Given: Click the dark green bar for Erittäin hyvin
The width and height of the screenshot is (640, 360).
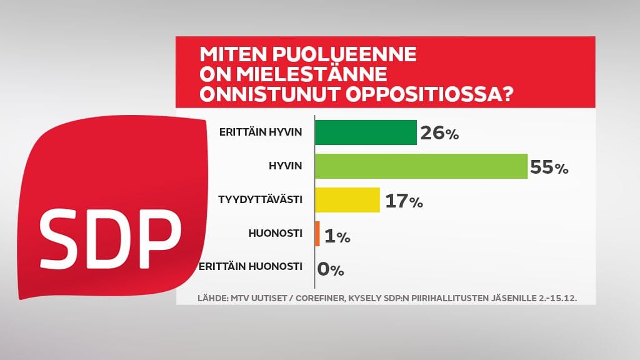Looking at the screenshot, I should pyautogui.click(x=366, y=132).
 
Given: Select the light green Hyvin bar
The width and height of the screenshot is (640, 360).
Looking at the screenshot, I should pyautogui.click(x=421, y=166).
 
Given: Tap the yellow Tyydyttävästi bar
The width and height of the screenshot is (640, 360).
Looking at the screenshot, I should pyautogui.click(x=347, y=200).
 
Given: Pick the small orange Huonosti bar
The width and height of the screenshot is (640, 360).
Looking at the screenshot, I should pyautogui.click(x=317, y=234).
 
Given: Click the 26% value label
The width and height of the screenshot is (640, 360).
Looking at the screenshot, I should pyautogui.click(x=439, y=133).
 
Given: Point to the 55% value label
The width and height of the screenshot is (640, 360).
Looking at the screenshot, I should pyautogui.click(x=549, y=167).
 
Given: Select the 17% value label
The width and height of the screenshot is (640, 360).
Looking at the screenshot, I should pyautogui.click(x=404, y=201).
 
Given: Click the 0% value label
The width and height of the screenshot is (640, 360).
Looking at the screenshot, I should pyautogui.click(x=331, y=269).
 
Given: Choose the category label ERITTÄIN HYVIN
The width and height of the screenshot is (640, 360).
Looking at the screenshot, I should pyautogui.click(x=261, y=132).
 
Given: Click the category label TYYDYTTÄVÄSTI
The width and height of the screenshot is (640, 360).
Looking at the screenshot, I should pyautogui.click(x=261, y=199).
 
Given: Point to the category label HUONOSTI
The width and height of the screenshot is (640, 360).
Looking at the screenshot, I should pyautogui.click(x=276, y=233).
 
